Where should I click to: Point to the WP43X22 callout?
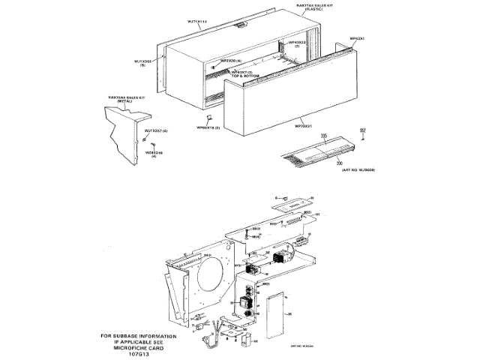pyautogui.click(x=297, y=43)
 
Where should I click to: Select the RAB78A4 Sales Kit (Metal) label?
pyautogui.click(x=124, y=98)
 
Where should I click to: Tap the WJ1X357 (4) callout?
pyautogui.click(x=156, y=130)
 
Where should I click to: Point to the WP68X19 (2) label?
pyautogui.click(x=208, y=128)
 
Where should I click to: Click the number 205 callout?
pyautogui.click(x=324, y=136)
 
